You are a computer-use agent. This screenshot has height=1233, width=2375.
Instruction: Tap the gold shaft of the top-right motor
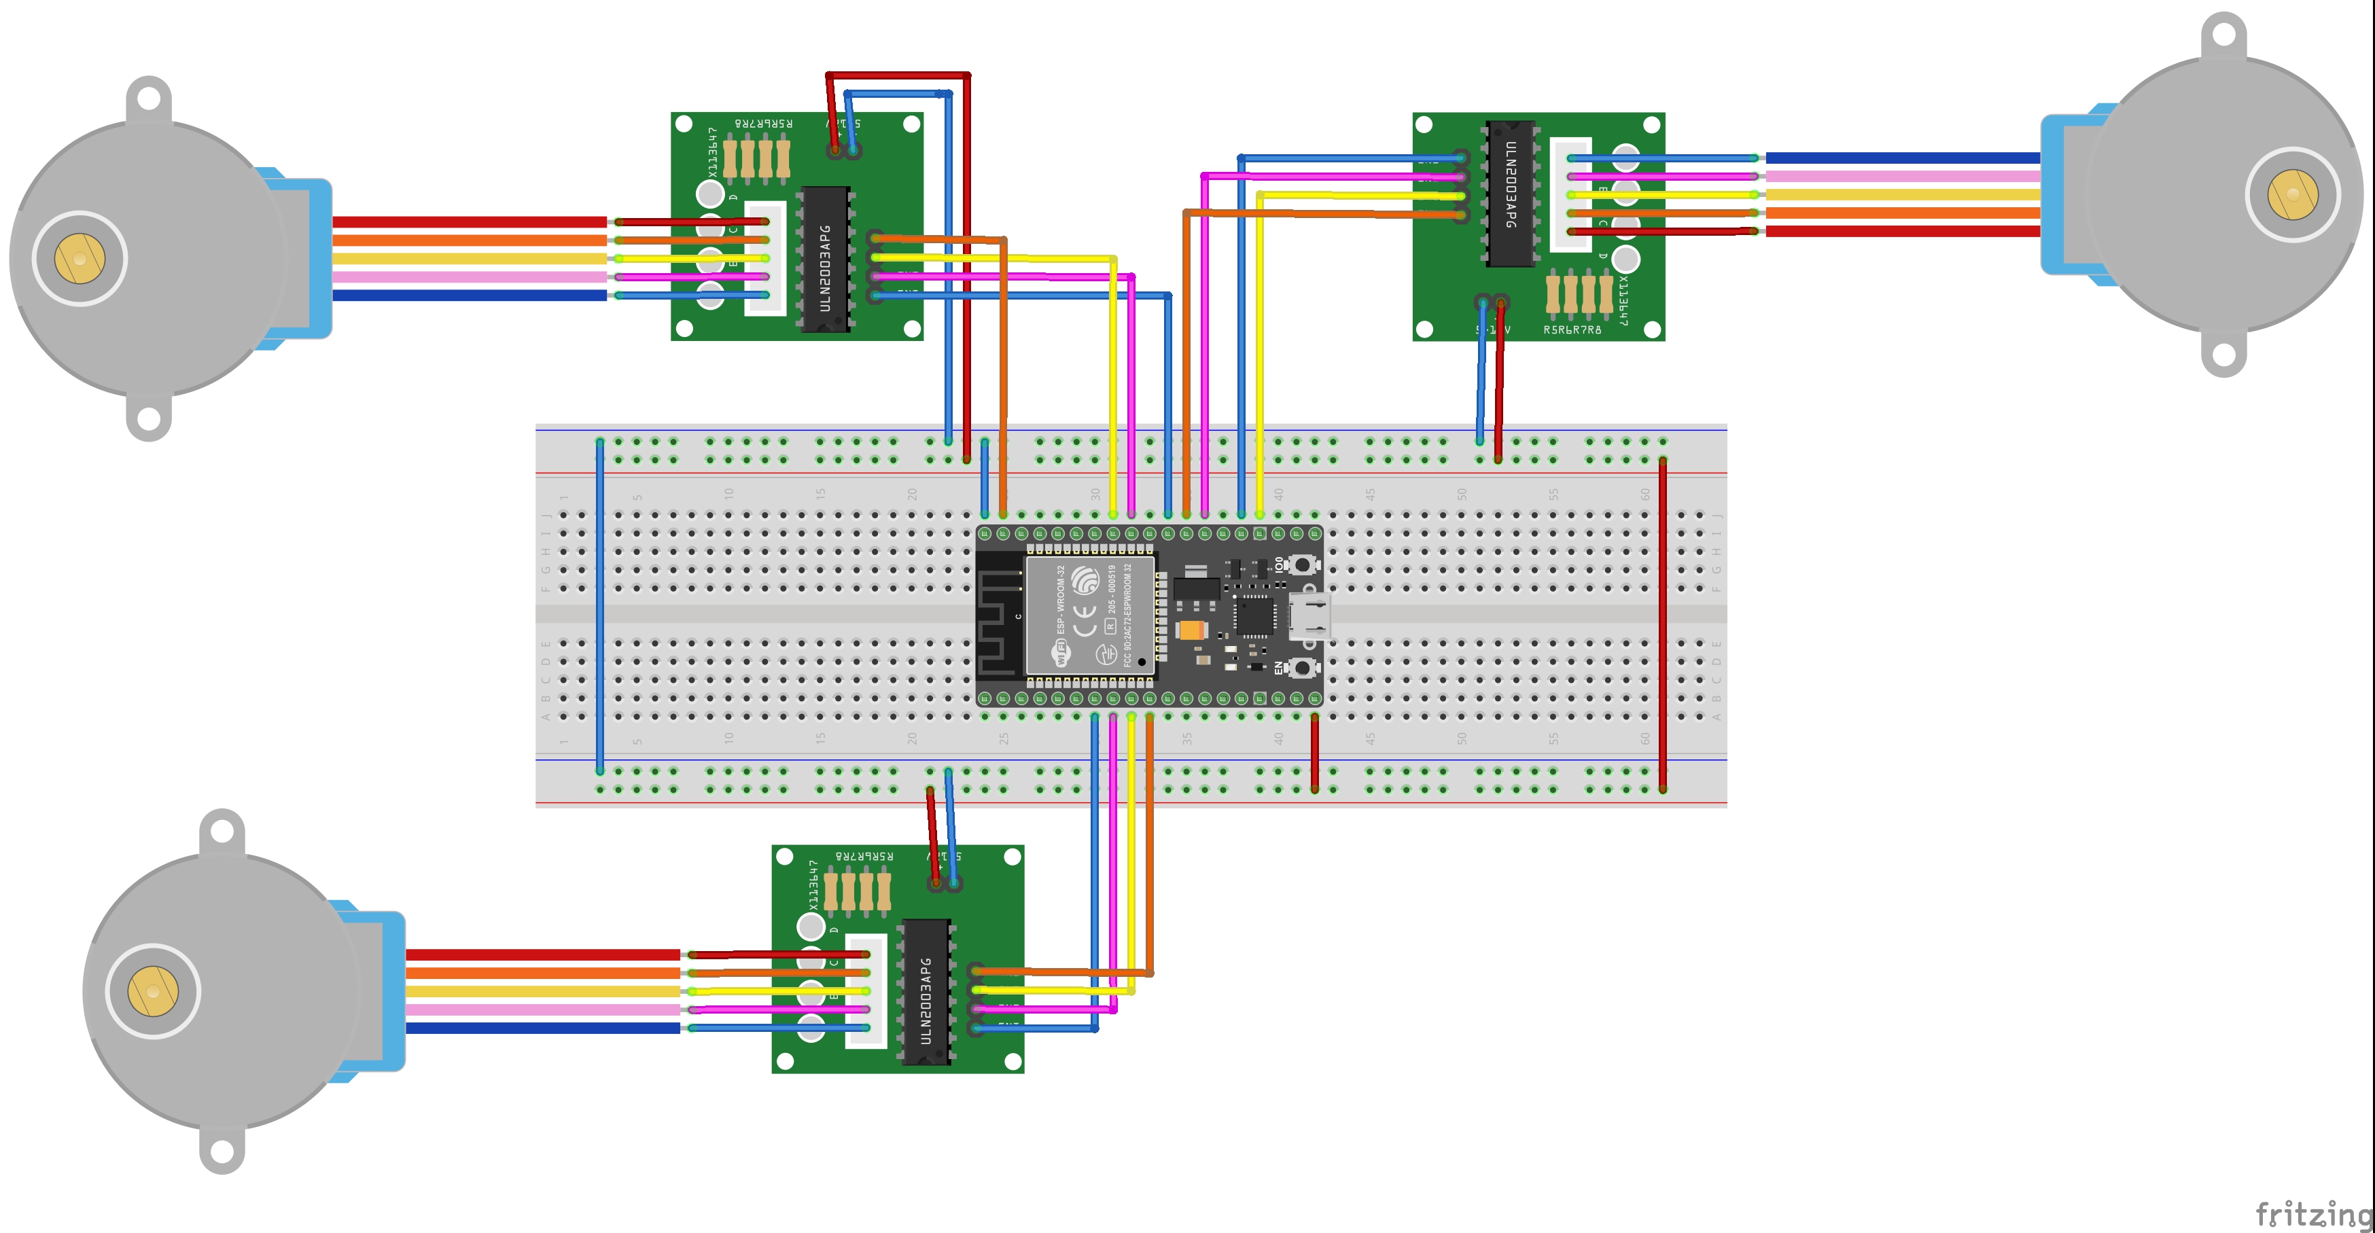tap(2292, 194)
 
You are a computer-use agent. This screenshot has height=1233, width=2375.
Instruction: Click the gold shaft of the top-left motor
tap(80, 259)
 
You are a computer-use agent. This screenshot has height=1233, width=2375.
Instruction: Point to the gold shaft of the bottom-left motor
tap(153, 992)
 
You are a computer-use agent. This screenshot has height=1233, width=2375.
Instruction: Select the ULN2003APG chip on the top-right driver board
tap(1509, 194)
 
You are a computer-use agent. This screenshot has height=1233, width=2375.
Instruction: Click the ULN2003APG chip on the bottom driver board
tap(926, 993)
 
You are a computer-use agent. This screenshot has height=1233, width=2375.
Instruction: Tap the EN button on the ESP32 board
tap(1301, 667)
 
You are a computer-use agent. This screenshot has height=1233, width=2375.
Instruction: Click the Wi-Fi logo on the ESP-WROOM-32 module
tap(1062, 652)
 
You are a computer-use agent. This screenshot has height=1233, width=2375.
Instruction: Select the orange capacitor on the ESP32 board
tap(1191, 631)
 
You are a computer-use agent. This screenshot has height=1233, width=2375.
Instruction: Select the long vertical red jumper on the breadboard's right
tap(1662, 624)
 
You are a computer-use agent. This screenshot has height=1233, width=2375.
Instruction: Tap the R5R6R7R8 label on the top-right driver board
tap(1572, 329)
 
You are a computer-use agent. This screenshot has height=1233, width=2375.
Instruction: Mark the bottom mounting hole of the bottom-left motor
tap(222, 1151)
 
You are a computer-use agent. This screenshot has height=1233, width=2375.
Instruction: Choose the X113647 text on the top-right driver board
tap(1623, 300)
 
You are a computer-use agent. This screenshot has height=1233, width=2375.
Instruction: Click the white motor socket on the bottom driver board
tap(866, 990)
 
